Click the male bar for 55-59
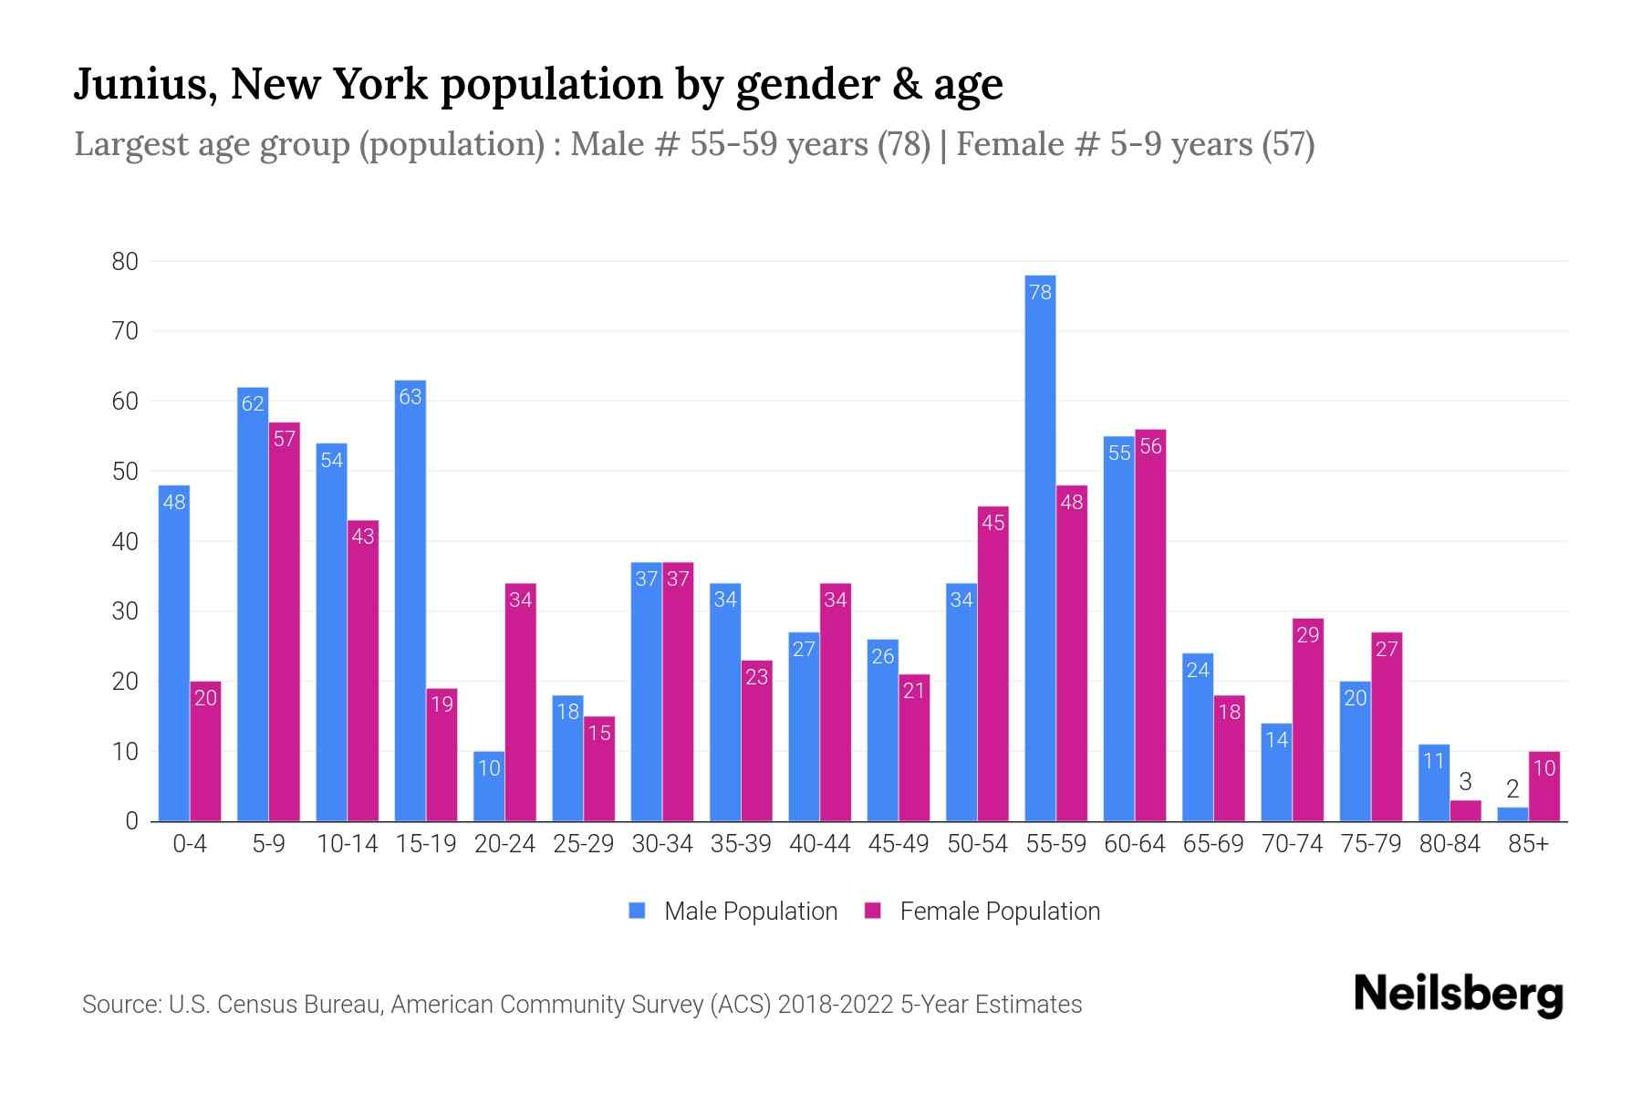click(1040, 547)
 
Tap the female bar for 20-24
click(520, 703)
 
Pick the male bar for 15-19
click(410, 602)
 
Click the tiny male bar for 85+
click(1512, 814)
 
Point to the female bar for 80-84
click(1465, 811)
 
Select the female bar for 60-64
click(1150, 630)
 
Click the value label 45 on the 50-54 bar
click(992, 523)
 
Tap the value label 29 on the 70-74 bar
click(1307, 635)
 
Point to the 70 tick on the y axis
click(125, 331)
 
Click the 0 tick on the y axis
click(131, 821)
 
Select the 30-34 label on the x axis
click(662, 844)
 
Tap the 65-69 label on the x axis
click(1213, 844)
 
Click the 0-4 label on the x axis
click(190, 844)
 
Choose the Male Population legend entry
click(750, 912)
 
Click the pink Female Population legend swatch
click(873, 911)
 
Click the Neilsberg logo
click(1458, 995)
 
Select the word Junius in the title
click(144, 84)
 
